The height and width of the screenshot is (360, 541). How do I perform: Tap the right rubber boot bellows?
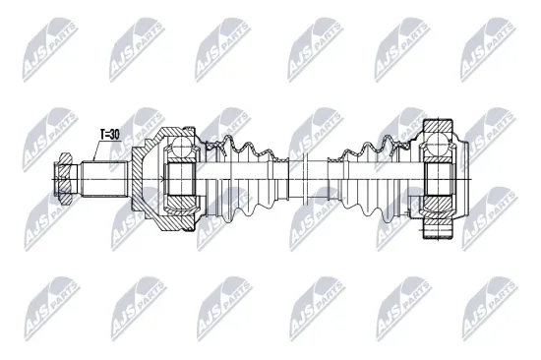[369, 180]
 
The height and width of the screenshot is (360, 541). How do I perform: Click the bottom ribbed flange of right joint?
[438, 232]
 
